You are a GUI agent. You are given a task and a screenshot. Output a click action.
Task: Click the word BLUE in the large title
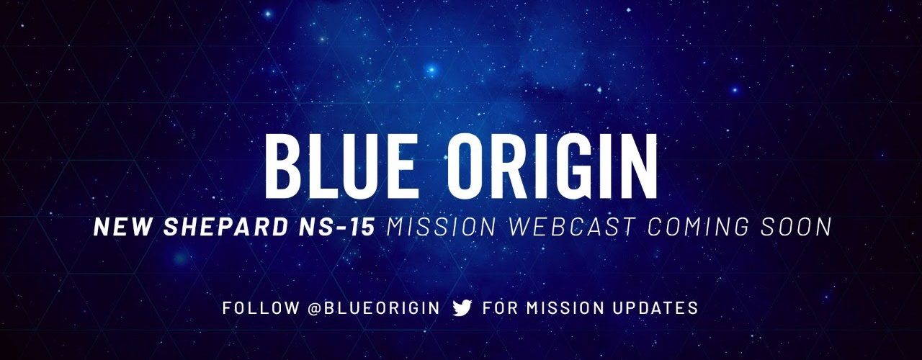coord(339,166)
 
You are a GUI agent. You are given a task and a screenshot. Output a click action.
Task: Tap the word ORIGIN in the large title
coord(552,166)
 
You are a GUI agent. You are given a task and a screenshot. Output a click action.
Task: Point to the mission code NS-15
coord(336,227)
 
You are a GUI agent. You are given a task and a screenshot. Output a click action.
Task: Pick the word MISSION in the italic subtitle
coord(442,227)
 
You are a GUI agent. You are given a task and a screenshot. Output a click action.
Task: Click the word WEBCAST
coord(572,227)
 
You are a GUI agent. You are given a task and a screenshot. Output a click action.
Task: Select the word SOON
coord(796,227)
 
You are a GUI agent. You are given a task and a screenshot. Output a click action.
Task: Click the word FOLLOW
coord(261,307)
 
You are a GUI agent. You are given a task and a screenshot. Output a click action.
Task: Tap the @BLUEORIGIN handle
coord(374,307)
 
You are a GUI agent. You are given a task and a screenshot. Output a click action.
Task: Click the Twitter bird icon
coord(462,307)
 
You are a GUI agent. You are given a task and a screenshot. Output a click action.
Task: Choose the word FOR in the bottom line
coord(500,307)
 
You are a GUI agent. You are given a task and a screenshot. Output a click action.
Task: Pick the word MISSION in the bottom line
coord(565,307)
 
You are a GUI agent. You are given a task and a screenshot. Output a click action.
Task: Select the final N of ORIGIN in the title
coord(638,166)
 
